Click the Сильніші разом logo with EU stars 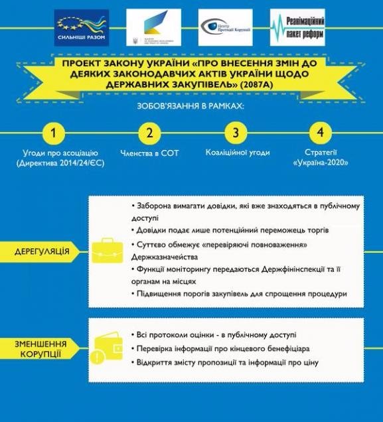coord(82,28)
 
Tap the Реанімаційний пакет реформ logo coord(297,28)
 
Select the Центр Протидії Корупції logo coord(225,28)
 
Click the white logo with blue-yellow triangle coord(154,28)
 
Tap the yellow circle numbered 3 coord(235,132)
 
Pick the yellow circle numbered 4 coord(321,132)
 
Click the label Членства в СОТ coord(149,153)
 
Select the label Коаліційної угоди coord(237,153)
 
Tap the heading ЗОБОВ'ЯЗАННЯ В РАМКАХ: coord(192,105)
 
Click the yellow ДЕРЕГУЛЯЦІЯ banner coord(42,252)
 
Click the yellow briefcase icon coord(106,251)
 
